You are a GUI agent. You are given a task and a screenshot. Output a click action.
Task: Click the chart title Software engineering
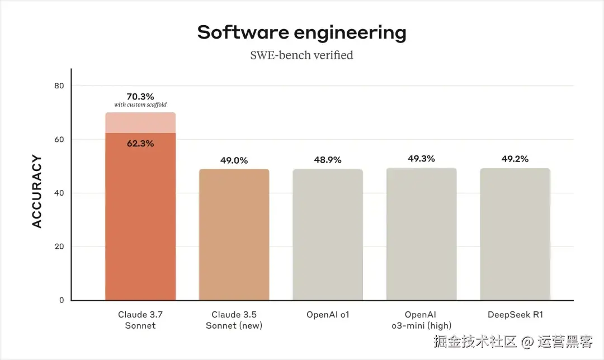point(301,32)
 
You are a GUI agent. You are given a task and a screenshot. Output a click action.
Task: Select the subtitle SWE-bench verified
point(301,55)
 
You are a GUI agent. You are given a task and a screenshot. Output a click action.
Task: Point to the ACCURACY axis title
point(37,191)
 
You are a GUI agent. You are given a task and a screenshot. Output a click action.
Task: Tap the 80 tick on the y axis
point(59,86)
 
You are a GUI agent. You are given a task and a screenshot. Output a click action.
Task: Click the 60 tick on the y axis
point(59,139)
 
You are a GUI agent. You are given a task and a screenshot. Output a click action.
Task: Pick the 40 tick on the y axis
point(59,193)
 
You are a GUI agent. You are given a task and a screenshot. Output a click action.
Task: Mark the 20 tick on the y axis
point(59,247)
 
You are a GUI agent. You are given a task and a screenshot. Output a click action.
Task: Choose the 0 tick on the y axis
point(62,300)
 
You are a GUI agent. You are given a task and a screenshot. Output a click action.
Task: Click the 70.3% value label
point(140,96)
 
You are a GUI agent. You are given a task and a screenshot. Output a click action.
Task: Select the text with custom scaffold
point(140,105)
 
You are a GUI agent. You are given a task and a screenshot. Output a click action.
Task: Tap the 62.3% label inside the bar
point(140,143)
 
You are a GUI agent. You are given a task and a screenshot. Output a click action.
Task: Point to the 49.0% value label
point(234,160)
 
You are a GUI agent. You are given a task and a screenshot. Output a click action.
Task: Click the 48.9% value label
point(327,160)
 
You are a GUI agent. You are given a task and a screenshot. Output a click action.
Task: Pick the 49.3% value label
point(421,159)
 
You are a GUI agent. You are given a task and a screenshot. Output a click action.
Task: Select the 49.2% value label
point(515,159)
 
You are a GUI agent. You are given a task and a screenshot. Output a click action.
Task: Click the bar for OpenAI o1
point(327,235)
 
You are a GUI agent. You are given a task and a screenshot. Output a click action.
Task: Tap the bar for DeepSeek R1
point(515,235)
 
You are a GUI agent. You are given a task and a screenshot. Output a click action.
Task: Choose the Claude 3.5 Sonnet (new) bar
point(234,235)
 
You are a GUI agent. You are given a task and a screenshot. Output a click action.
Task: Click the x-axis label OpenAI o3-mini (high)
point(421,320)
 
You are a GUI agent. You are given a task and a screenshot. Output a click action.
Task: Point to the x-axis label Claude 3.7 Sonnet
point(140,320)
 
